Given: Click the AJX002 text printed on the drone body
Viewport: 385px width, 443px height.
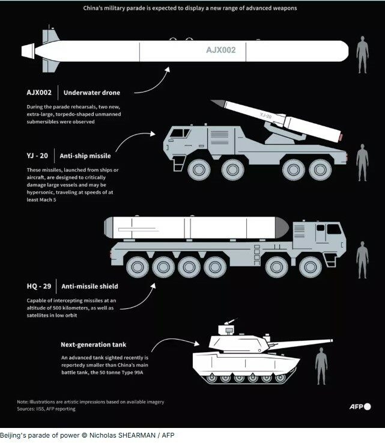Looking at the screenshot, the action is pyautogui.click(x=220, y=50).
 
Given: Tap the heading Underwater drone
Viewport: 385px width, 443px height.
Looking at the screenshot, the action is pyautogui.click(x=92, y=93).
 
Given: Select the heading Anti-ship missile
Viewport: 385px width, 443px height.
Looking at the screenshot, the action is pyautogui.click(x=85, y=156).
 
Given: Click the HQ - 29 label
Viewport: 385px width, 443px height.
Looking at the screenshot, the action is pyautogui.click(x=39, y=286).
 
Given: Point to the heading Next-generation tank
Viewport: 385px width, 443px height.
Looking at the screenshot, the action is pyautogui.click(x=94, y=344).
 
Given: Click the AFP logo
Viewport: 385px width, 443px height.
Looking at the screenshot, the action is pyautogui.click(x=360, y=406).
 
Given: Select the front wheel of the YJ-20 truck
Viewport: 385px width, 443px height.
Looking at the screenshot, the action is pyautogui.click(x=199, y=170).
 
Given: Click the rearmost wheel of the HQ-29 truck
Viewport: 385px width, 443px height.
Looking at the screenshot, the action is pyautogui.click(x=138, y=267).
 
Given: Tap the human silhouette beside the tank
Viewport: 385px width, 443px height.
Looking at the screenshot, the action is pyautogui.click(x=321, y=366).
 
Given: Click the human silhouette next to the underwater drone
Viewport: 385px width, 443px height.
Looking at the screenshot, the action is pyautogui.click(x=362, y=55).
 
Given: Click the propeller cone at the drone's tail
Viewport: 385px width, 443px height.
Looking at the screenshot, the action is pyautogui.click(x=28, y=51).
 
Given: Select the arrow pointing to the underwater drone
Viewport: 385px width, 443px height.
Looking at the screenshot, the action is pyautogui.click(x=153, y=82).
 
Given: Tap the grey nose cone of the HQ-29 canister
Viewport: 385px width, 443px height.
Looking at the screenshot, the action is pyautogui.click(x=282, y=228).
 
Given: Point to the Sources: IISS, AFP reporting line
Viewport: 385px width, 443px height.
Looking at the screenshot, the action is pyautogui.click(x=46, y=409).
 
